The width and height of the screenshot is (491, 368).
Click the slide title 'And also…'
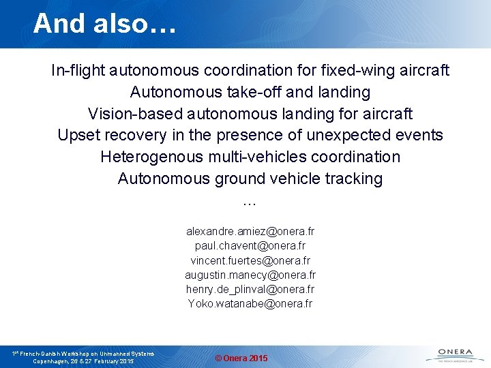[x=104, y=23]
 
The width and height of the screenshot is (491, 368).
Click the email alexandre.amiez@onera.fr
[x=250, y=232]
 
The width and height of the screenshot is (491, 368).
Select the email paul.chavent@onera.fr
[x=250, y=246]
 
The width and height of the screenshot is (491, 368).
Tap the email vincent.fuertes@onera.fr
[x=250, y=260]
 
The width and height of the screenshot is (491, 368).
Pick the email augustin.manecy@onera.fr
[x=250, y=275]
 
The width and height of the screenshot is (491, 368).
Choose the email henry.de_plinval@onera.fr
[x=250, y=289]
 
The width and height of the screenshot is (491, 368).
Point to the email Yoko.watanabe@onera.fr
[x=250, y=303]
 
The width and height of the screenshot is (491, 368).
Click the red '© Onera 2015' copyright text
[x=241, y=358]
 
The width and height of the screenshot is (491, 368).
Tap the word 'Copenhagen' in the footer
[x=54, y=361]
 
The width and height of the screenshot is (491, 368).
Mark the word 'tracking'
[x=354, y=179]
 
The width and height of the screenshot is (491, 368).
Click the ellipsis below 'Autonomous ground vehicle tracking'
[x=250, y=202]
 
